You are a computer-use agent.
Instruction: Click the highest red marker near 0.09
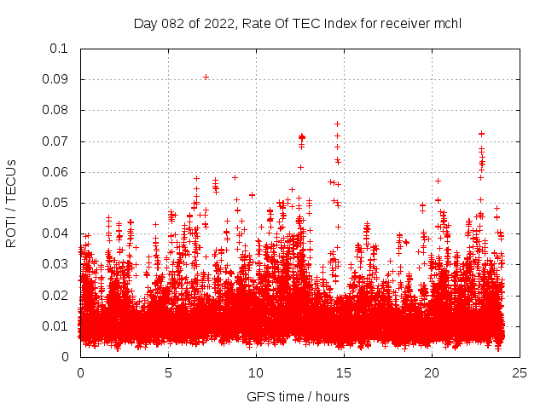(206, 77)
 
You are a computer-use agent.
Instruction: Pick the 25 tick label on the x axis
(520, 372)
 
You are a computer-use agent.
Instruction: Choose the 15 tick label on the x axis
(344, 372)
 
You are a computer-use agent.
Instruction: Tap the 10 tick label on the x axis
(256, 372)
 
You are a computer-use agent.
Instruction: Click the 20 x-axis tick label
(432, 372)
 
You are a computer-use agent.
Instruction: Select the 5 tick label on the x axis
(168, 372)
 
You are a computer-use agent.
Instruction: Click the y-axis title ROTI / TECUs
(12, 203)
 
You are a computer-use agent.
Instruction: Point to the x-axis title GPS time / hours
(298, 396)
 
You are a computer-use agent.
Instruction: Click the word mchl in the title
(446, 23)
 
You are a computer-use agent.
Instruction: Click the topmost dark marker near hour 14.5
(337, 124)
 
